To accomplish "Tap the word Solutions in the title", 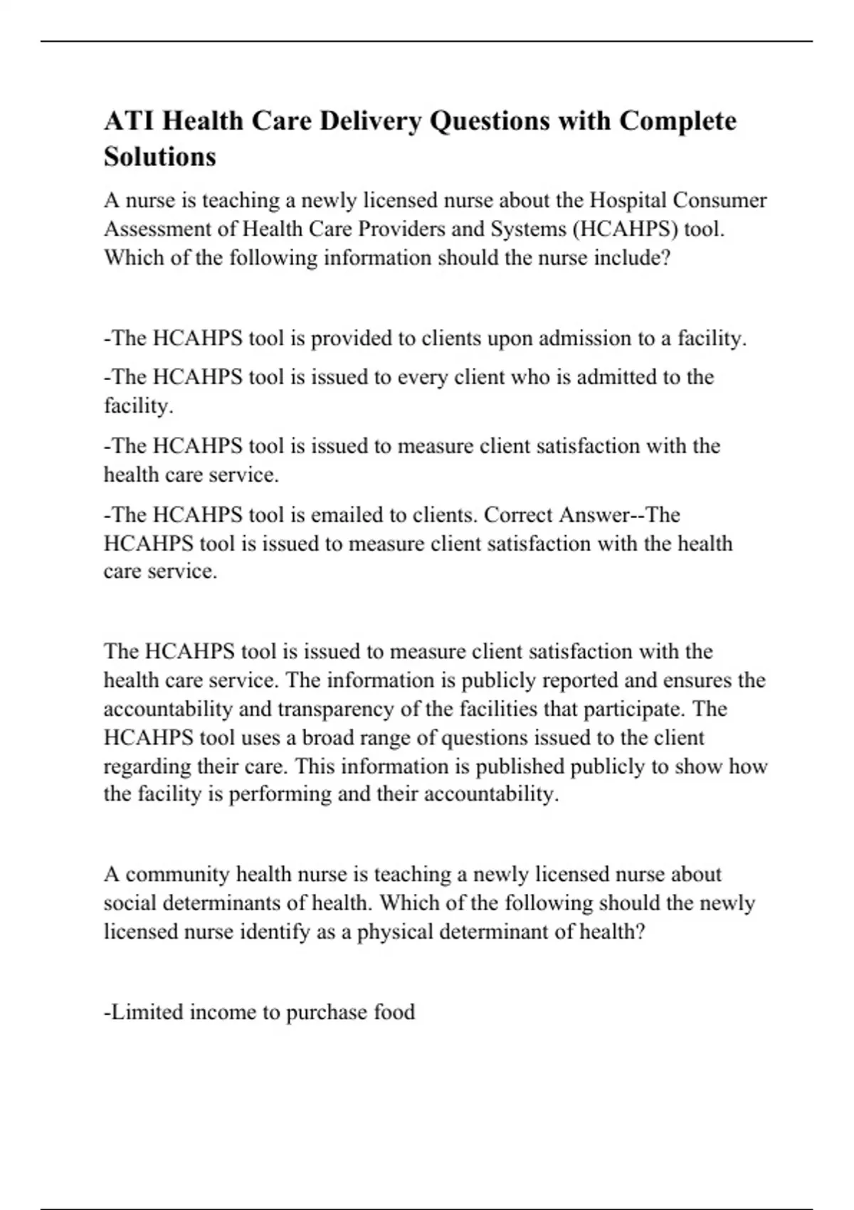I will click(x=159, y=156).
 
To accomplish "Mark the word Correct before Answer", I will click(x=518, y=515).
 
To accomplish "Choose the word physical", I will click(x=397, y=932).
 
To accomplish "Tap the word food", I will click(x=394, y=1012).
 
